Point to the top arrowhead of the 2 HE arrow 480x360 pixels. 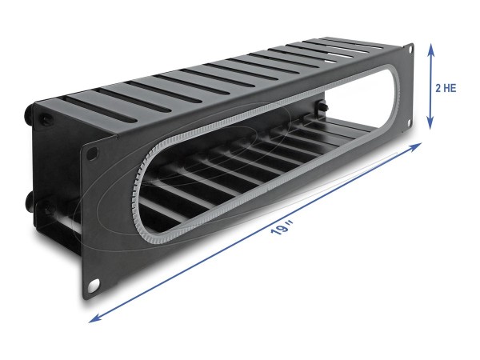click(430, 48)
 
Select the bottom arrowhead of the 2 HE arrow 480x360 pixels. click(430, 126)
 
